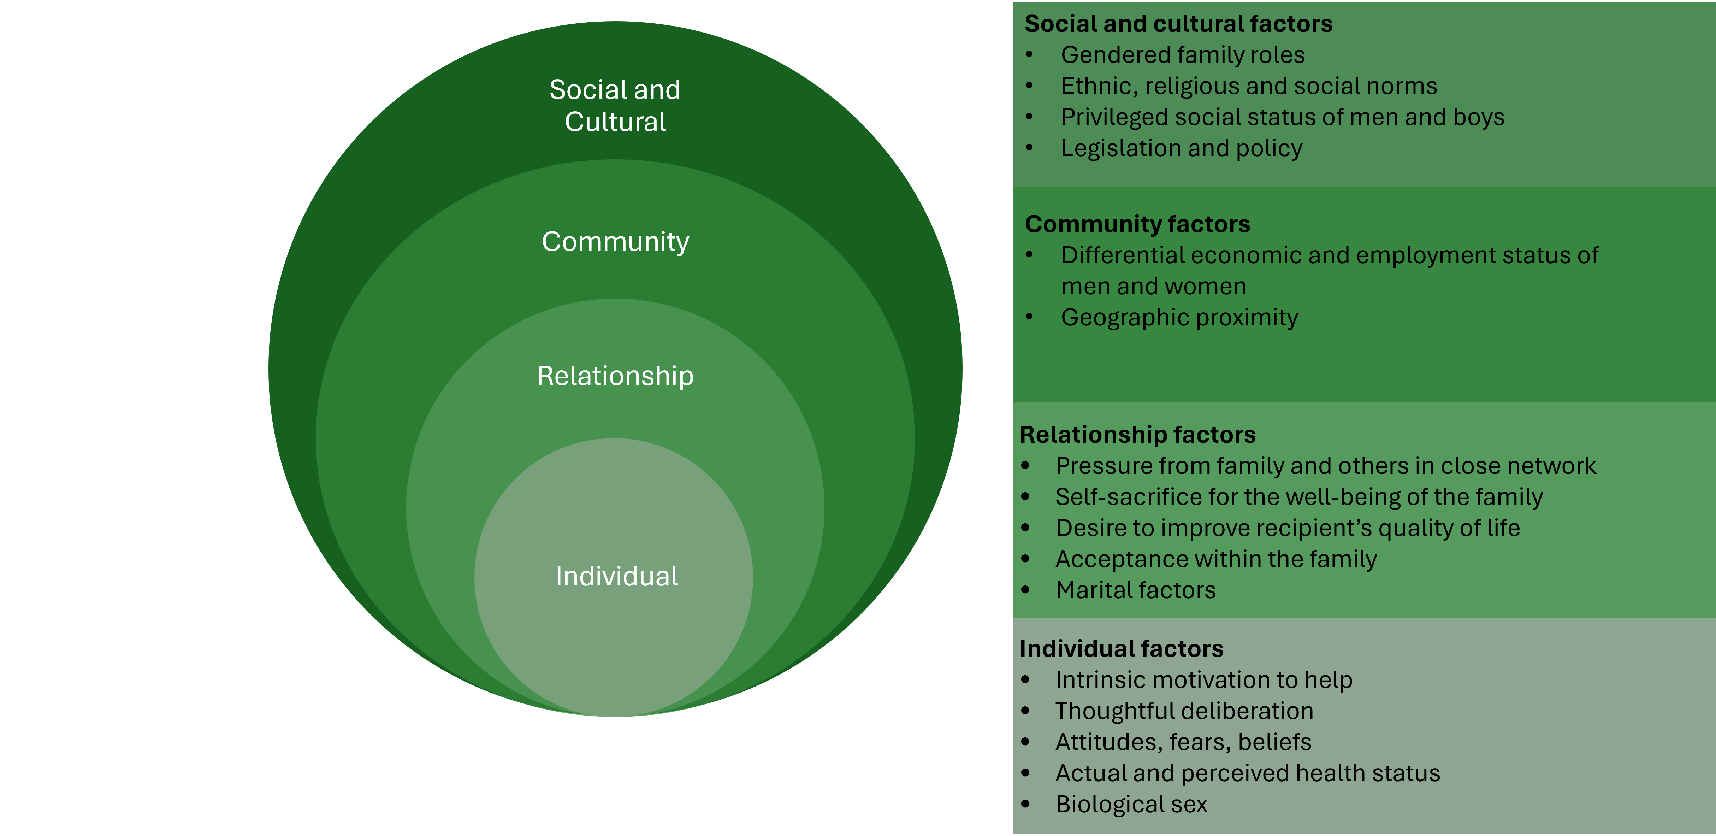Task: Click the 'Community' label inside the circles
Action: click(615, 242)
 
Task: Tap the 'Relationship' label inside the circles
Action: click(615, 376)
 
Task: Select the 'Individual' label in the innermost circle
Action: click(616, 576)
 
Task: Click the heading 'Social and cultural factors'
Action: click(1178, 24)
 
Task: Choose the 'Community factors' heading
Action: click(1137, 224)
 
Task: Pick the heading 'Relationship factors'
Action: click(1137, 435)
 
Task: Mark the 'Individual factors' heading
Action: click(1121, 649)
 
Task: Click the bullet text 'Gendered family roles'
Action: click(1182, 55)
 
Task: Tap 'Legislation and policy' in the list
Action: click(1181, 148)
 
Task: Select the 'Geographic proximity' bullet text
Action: click(1179, 318)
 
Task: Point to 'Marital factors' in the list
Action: click(1135, 590)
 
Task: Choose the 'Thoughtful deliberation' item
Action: click(1184, 711)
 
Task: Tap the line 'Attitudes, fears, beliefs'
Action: click(1183, 742)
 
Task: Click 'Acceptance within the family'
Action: click(1216, 560)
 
